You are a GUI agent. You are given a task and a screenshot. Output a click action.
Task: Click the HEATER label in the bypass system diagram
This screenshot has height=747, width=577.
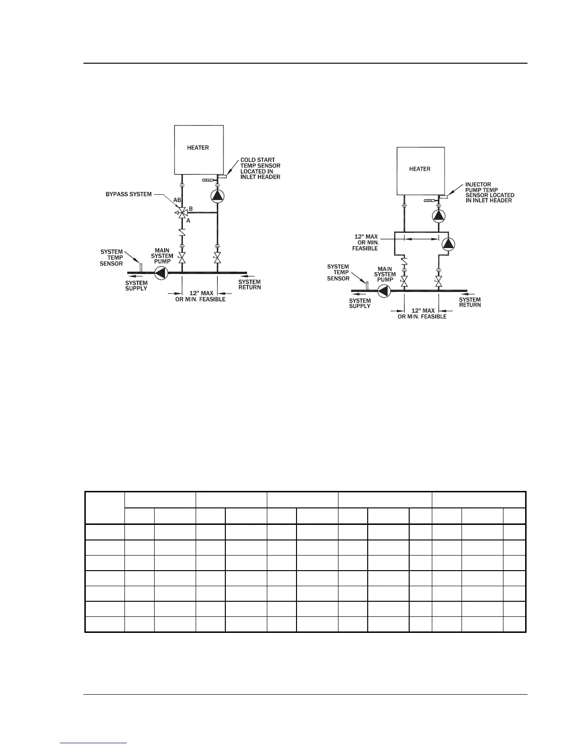coord(198,148)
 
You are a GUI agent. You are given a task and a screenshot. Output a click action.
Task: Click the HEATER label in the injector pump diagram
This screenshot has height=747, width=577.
coord(420,169)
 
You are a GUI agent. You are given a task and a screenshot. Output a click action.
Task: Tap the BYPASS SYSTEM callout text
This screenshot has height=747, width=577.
coord(129,194)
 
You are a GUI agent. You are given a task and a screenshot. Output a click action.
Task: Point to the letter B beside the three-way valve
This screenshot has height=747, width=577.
coord(190,208)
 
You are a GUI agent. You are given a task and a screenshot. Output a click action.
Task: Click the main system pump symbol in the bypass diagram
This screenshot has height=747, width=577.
coord(161,273)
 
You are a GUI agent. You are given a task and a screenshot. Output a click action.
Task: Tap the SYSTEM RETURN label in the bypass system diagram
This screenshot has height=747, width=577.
coord(249,284)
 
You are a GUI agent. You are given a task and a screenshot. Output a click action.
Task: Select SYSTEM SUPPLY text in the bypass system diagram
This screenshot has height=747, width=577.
coord(136,286)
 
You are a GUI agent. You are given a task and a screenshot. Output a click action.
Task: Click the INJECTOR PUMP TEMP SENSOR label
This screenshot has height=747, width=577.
coord(489,192)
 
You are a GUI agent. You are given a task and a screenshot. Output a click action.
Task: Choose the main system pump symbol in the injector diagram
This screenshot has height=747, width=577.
coord(384,291)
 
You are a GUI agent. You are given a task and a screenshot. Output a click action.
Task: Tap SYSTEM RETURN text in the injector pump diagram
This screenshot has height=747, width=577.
coord(470,302)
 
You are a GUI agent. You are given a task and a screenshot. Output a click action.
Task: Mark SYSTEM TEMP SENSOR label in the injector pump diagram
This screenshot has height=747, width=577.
coord(338,273)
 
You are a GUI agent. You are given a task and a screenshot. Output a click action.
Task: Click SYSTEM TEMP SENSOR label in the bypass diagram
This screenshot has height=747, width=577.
coord(111,257)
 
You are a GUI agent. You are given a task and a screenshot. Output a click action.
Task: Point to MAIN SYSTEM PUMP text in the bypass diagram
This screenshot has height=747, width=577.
coord(162,256)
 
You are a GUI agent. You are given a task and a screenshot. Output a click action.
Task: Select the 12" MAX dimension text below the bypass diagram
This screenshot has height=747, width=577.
coord(200,296)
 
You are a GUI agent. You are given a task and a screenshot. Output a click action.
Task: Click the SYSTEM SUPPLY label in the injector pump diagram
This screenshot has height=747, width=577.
coord(360,303)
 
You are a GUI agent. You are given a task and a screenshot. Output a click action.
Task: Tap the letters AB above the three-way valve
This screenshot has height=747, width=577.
coord(177,200)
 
